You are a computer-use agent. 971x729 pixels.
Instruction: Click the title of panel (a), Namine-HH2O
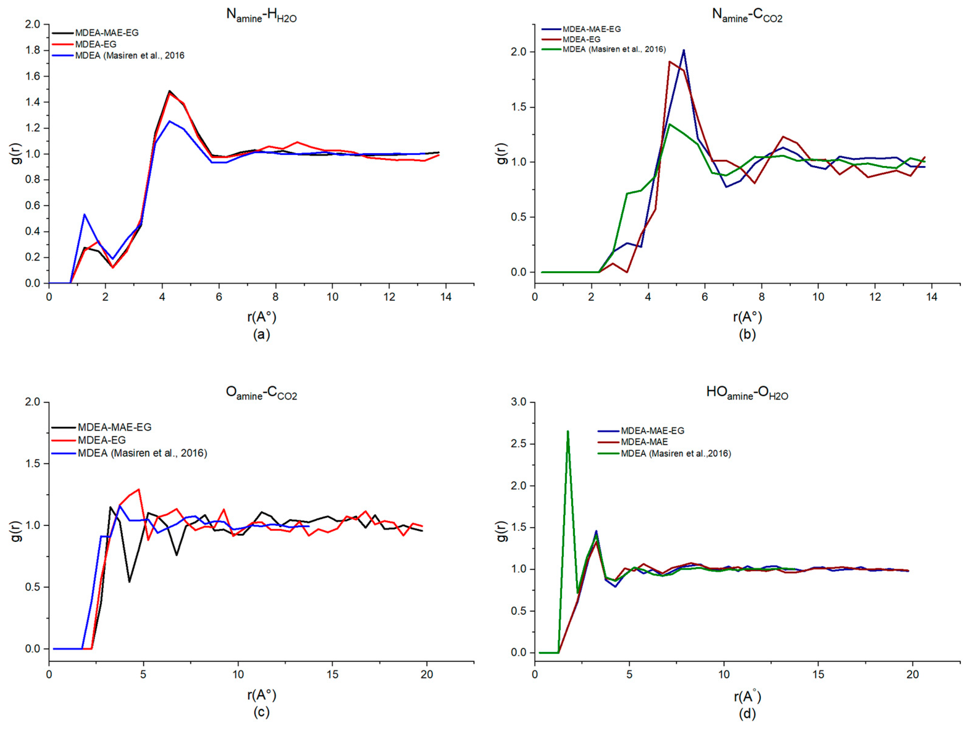[261, 15]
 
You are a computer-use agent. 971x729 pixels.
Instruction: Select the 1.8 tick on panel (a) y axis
[33, 50]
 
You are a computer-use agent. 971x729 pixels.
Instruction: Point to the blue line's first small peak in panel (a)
[84, 215]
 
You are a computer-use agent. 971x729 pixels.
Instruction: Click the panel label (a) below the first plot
[261, 335]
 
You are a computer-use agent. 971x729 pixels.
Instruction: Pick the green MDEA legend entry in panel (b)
[614, 49]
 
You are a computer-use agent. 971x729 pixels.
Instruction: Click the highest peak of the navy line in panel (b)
[684, 50]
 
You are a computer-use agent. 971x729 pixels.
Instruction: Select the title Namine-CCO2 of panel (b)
[747, 15]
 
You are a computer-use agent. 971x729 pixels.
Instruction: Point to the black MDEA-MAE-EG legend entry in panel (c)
[114, 427]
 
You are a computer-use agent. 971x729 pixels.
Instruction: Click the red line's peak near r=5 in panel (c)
[139, 489]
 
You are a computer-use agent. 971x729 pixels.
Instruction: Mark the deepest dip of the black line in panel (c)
[129, 582]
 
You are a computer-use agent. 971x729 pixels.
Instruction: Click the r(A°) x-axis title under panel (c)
[261, 695]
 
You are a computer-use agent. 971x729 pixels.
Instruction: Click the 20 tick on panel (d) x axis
[913, 675]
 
